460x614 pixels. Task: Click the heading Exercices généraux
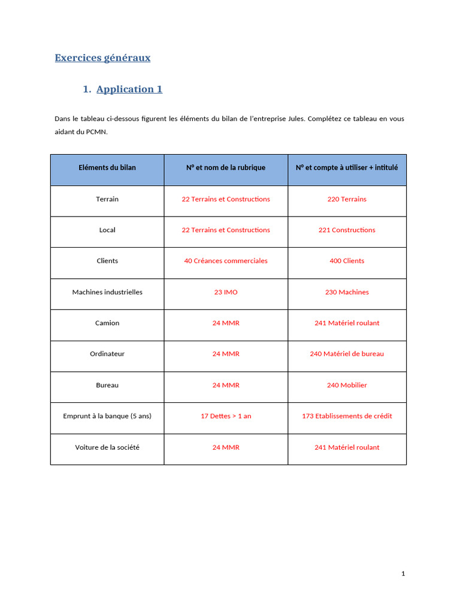coord(102,58)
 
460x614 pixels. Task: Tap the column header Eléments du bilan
coord(107,168)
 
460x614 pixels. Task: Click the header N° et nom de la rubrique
coord(226,168)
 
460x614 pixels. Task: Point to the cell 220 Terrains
coord(347,199)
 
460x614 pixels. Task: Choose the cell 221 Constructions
coord(347,230)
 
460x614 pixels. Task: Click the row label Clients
coord(107,261)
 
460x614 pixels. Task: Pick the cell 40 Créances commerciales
coord(226,261)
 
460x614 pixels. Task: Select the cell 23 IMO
coord(226,293)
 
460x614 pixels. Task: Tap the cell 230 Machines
coord(347,293)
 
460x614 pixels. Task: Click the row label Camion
coord(107,323)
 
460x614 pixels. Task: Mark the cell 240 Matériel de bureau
coord(347,354)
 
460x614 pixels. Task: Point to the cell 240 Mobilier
coord(347,386)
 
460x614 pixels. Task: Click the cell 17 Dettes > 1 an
coord(226,416)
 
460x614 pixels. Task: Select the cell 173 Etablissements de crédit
coord(347,416)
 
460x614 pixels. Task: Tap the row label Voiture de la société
coord(107,447)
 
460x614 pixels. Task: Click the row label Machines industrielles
coord(107,293)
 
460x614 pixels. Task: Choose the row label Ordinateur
coord(107,354)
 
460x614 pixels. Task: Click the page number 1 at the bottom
coord(403,574)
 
